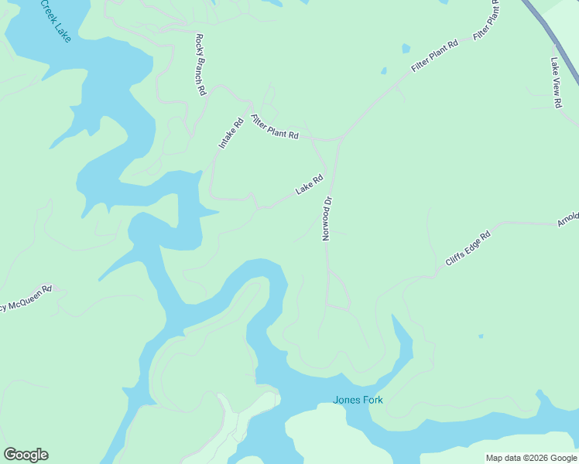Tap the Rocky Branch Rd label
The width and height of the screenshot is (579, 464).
[x=200, y=65]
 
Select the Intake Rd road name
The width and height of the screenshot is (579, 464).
[x=231, y=133]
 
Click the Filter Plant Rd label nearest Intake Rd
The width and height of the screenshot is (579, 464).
[x=275, y=127]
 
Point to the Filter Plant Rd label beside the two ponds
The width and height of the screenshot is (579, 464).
[x=435, y=56]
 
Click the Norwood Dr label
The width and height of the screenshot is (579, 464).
[x=327, y=218]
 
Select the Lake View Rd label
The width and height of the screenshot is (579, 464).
[x=556, y=83]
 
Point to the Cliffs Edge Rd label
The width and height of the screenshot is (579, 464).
[x=468, y=249]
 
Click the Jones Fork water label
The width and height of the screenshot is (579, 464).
[x=358, y=400]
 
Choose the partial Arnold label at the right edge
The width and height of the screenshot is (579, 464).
[x=568, y=221]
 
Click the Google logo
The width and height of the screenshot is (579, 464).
[x=26, y=455]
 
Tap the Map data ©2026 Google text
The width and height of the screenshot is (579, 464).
[x=532, y=458]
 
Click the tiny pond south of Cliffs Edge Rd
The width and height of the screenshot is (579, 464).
[x=481, y=336]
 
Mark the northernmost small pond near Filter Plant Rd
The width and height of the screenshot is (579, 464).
[x=406, y=49]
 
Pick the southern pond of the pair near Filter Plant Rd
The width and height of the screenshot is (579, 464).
[x=383, y=72]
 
